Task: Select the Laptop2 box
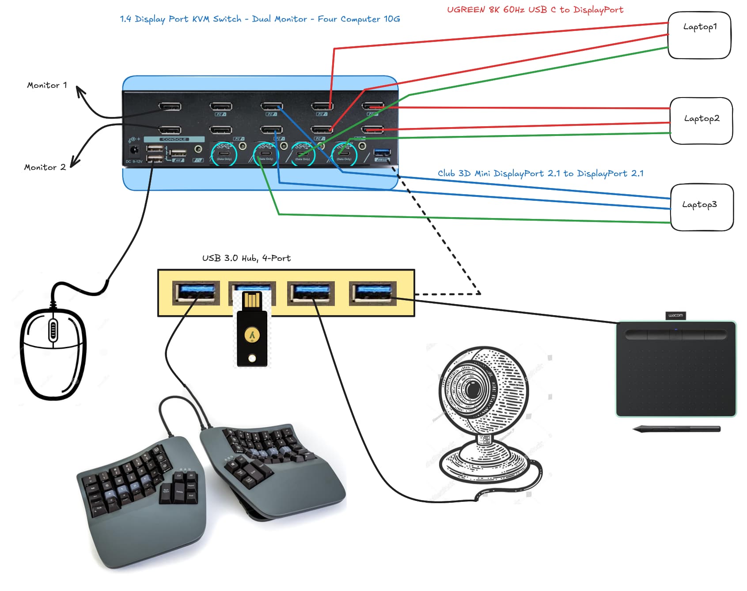tap(701, 121)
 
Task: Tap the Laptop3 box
tap(701, 207)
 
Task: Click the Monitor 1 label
tap(47, 85)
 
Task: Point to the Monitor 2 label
tap(45, 167)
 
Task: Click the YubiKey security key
tap(252, 335)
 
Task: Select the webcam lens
tap(473, 389)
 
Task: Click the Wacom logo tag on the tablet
tap(675, 315)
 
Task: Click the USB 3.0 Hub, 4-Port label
tap(246, 258)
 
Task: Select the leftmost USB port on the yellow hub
tap(196, 293)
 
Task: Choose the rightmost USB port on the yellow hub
tap(372, 293)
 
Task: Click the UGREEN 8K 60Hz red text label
tap(535, 10)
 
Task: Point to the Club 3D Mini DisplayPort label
tap(540, 173)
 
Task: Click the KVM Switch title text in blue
tap(260, 19)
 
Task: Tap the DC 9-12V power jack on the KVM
tap(134, 150)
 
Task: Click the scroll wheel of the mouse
tap(53, 330)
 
